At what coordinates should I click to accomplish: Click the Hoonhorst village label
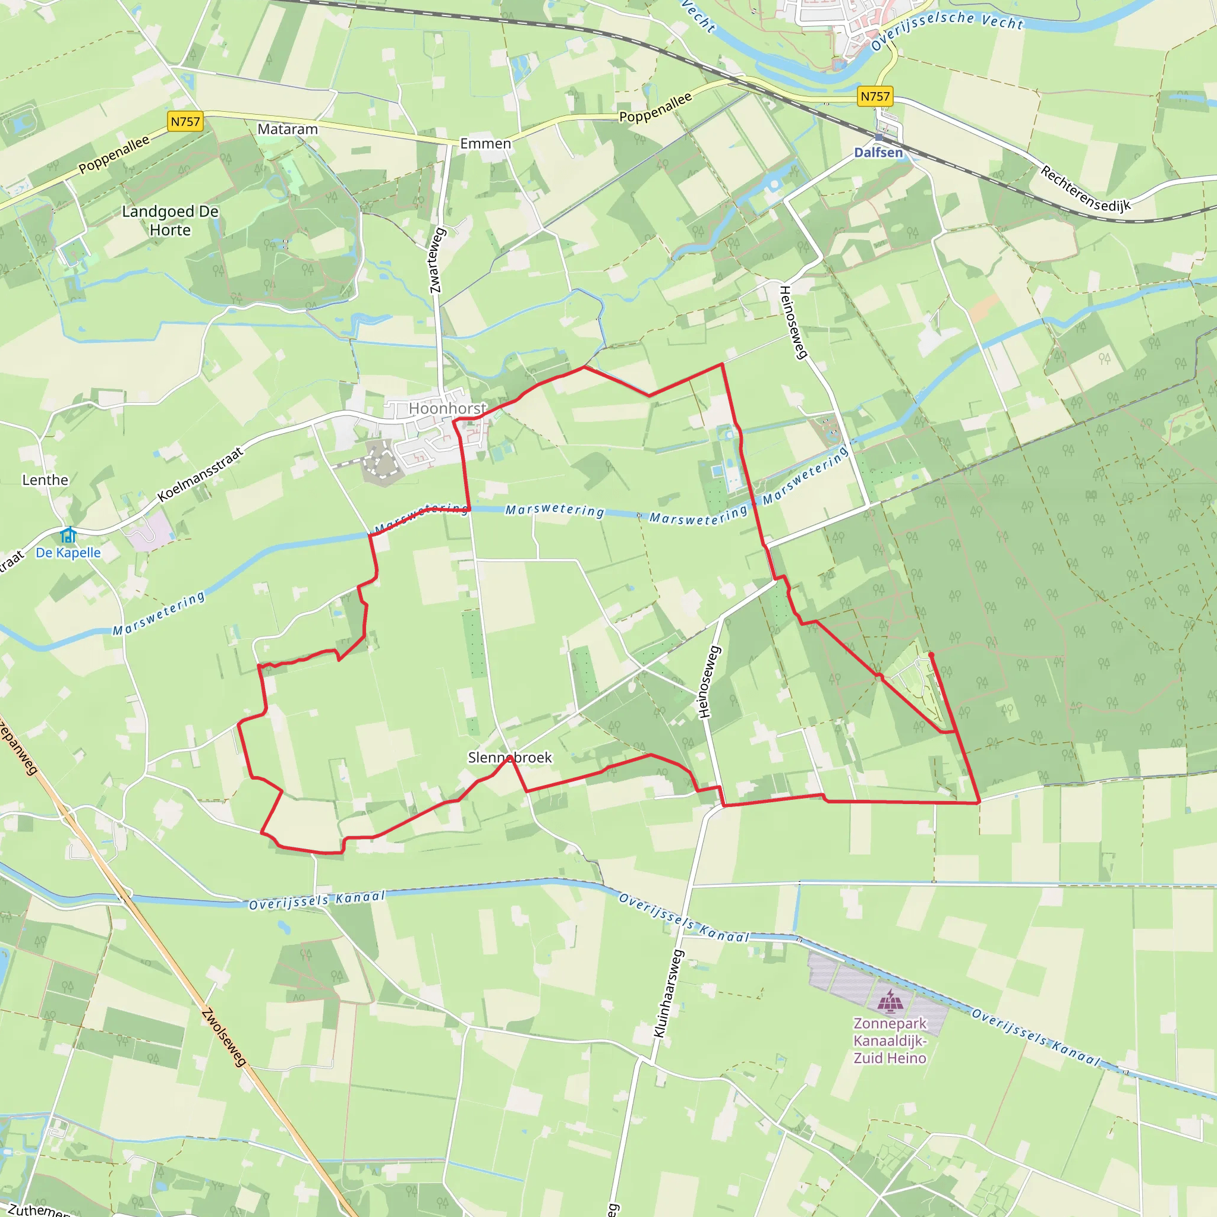coord(447,408)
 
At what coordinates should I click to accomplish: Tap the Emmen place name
coord(485,144)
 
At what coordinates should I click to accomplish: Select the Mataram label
coord(288,129)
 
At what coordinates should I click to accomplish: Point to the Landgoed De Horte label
coord(170,220)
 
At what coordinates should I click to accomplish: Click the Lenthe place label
coord(45,480)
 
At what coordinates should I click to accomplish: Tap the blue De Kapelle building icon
coord(68,535)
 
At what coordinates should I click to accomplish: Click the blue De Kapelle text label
coord(68,553)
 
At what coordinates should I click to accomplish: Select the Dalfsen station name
coord(878,153)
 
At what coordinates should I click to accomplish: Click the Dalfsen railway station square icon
coord(879,137)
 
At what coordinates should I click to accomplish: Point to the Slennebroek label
coord(510,757)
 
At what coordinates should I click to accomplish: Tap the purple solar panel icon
coord(890,1000)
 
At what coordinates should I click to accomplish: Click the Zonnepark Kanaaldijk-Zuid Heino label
coord(890,1041)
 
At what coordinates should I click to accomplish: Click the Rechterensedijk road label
coord(1085,188)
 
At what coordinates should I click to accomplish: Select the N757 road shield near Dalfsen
coord(875,96)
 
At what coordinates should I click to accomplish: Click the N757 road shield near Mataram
coord(185,122)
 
